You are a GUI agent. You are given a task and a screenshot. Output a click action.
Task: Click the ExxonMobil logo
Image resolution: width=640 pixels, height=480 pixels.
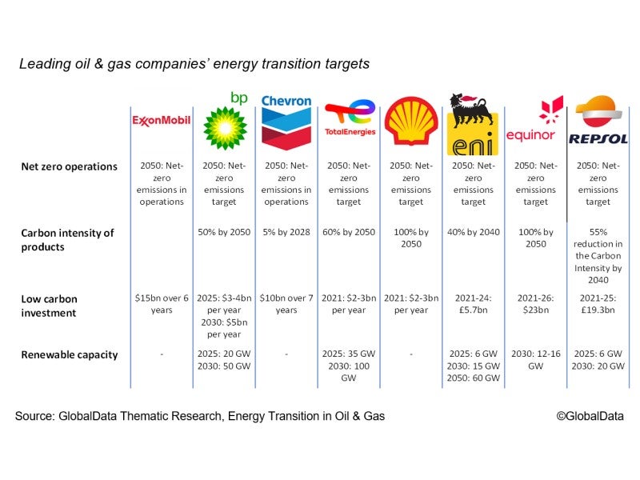[161, 121]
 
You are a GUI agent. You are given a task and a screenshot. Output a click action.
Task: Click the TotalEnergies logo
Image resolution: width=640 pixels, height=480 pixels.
[349, 119]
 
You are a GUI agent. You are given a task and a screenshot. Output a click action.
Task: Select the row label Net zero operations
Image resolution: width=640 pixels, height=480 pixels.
[70, 167]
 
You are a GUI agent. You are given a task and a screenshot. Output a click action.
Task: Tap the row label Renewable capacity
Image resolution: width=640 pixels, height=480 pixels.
[70, 354]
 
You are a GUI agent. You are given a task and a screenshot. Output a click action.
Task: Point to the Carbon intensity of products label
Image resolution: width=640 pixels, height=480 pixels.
[67, 239]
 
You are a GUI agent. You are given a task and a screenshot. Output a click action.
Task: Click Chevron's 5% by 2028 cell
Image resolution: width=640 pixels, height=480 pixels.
[286, 233]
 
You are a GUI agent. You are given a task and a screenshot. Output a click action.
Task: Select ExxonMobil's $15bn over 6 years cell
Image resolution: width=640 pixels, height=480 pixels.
[161, 304]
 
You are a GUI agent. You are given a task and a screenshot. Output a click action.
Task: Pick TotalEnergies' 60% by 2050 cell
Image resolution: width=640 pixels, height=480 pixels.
[349, 233]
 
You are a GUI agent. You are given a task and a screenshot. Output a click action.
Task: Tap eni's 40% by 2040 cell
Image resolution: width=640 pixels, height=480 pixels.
[474, 233]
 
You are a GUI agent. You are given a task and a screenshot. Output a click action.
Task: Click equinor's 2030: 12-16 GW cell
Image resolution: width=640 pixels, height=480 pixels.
[535, 359]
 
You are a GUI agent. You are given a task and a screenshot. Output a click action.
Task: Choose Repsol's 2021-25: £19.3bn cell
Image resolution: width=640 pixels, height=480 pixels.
[598, 304]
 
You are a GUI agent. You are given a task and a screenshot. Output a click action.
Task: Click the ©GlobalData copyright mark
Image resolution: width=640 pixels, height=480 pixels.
[590, 416]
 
